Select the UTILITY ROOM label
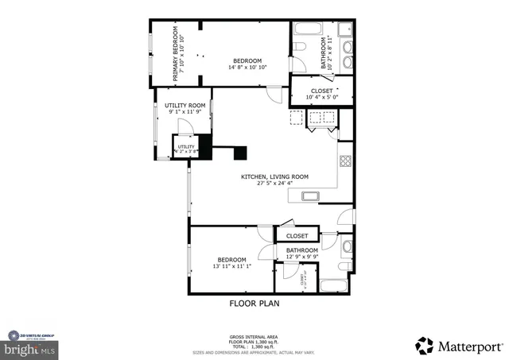(185, 106)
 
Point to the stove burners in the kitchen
(346, 161)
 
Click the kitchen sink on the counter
(309, 196)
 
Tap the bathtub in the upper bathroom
(308, 30)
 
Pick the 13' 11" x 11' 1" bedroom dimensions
(232, 266)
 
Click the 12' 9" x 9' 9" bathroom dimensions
(301, 256)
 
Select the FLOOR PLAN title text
(254, 303)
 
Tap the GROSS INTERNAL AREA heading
(254, 337)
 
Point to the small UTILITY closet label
(186, 146)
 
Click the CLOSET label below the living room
(297, 236)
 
